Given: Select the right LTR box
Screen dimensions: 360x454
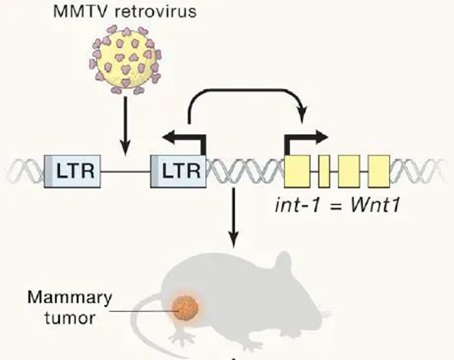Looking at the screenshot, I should (178, 170).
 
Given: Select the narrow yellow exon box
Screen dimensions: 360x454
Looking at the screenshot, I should (324, 170).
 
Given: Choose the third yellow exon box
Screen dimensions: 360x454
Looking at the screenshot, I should (348, 170).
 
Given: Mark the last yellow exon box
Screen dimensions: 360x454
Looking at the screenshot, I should (379, 170).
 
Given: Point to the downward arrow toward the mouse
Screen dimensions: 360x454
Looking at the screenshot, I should (233, 217).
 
